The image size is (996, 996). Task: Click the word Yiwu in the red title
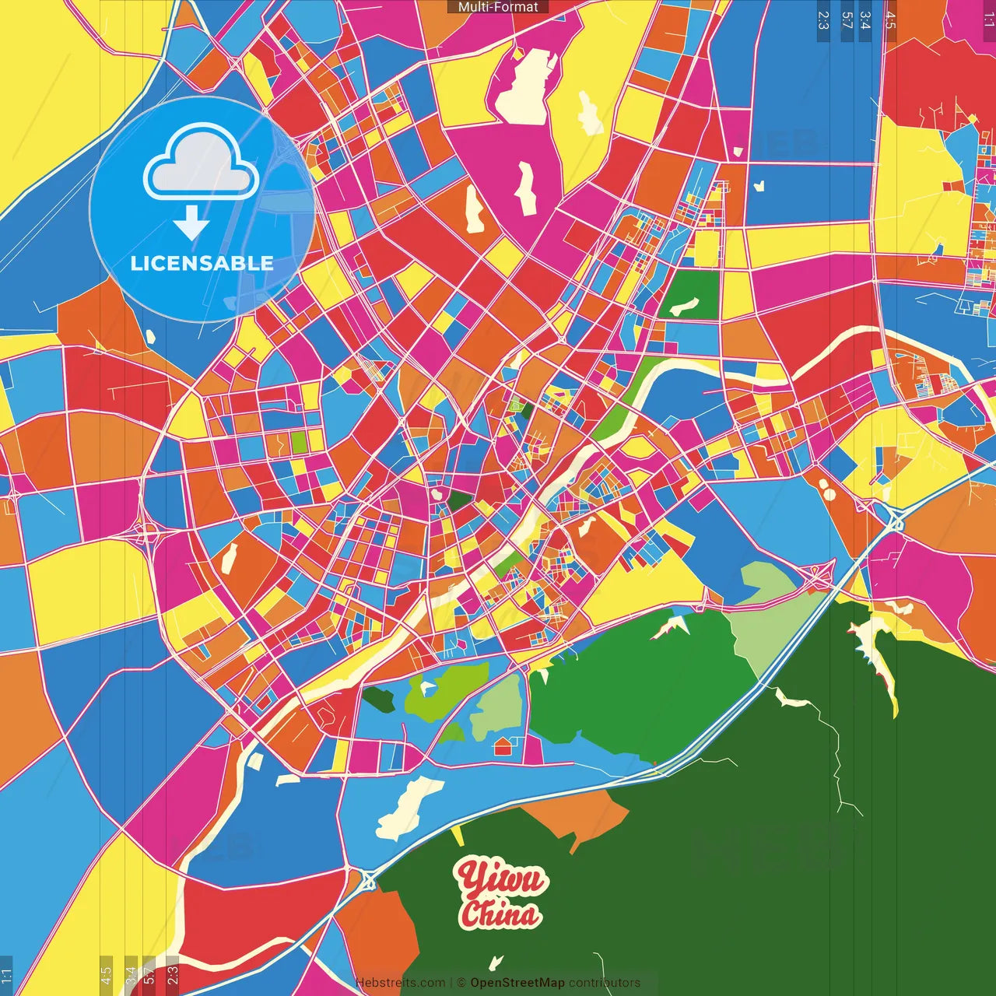click(502, 879)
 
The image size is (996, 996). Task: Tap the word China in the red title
click(500, 914)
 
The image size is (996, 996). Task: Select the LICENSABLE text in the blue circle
click(202, 263)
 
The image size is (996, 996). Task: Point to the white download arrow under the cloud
click(191, 223)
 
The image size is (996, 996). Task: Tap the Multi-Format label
click(498, 7)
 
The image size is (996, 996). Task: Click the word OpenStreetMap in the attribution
click(517, 983)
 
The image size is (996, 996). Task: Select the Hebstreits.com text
click(400, 983)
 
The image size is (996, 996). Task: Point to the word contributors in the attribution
click(605, 983)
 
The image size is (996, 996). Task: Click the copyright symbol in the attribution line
click(461, 983)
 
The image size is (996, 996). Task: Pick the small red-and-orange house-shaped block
click(503, 746)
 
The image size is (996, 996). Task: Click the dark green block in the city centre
click(459, 500)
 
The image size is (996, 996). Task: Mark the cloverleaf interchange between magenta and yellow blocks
click(146, 531)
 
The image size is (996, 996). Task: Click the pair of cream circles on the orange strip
click(826, 489)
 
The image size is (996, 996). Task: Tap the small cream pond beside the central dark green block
click(438, 493)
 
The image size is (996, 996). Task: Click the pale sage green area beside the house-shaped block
click(496, 707)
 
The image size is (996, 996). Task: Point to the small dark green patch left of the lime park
click(379, 698)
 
